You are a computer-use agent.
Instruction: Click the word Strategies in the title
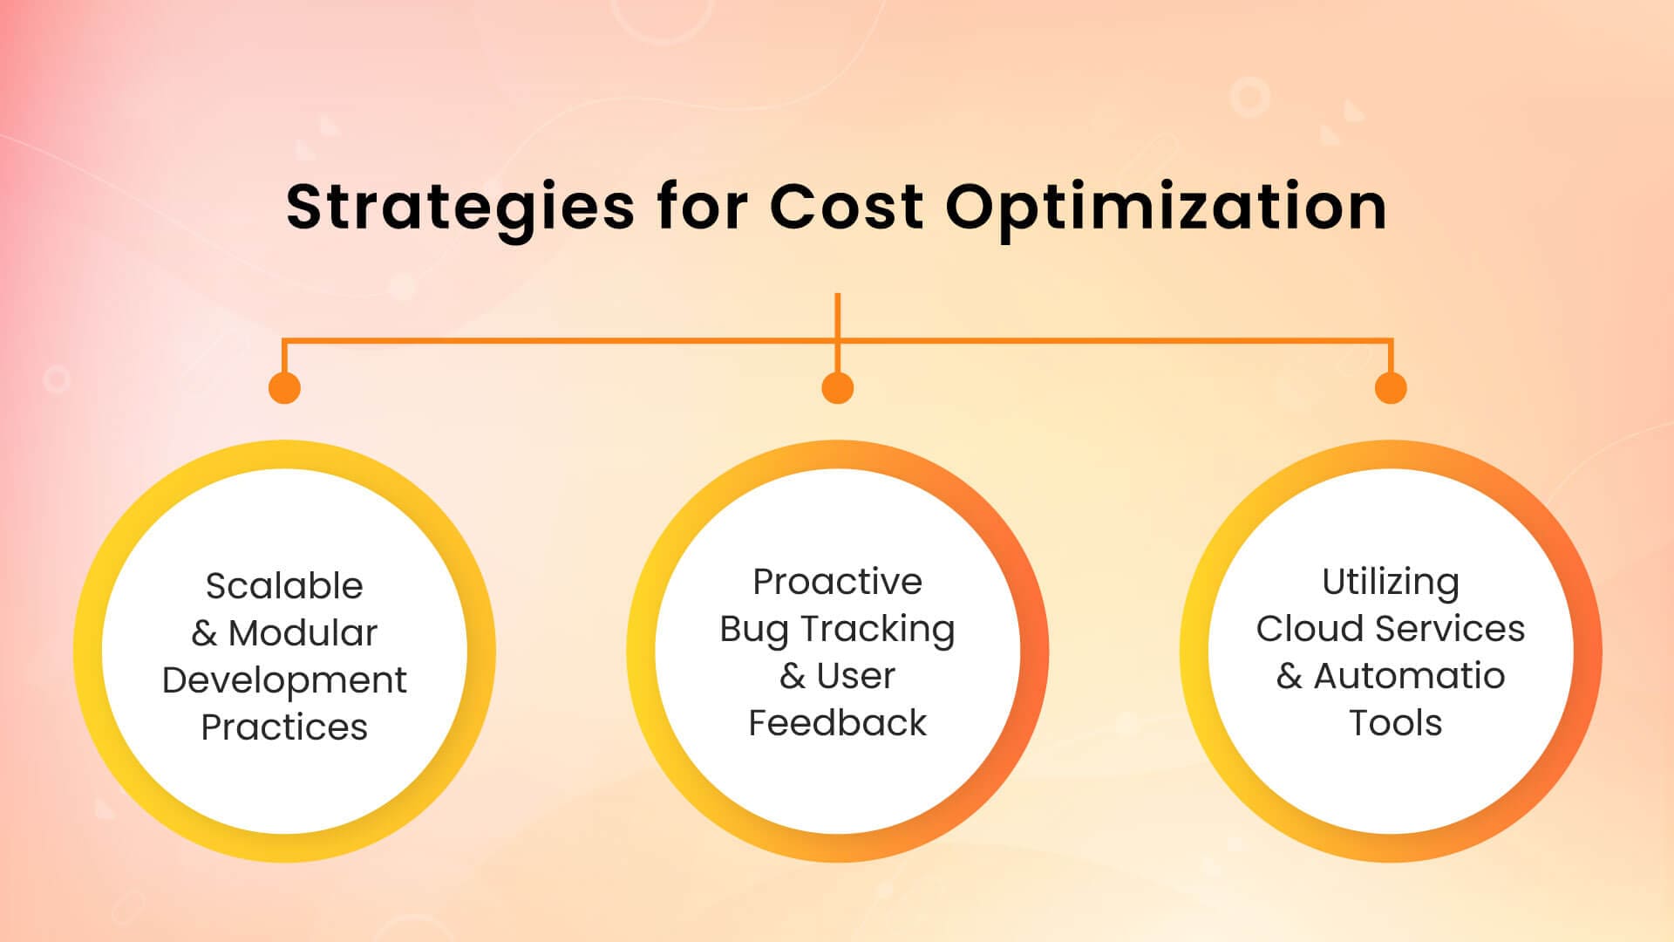coord(460,208)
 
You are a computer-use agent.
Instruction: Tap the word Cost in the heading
coord(847,207)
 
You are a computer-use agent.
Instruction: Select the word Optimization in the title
coord(1167,208)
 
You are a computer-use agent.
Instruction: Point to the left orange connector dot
coord(284,387)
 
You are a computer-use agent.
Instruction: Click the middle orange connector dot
coord(837,387)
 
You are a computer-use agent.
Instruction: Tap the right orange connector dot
coord(1391,387)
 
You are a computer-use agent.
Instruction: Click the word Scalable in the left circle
coord(284,585)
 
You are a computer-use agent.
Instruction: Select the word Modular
coord(303,632)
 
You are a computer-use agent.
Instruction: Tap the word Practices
coord(284,727)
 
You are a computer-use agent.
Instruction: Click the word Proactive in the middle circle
coord(837,582)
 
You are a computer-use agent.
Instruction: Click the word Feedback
coord(837,723)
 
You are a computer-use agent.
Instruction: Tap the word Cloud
coord(1304,629)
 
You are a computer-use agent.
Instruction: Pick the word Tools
coord(1395,723)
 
